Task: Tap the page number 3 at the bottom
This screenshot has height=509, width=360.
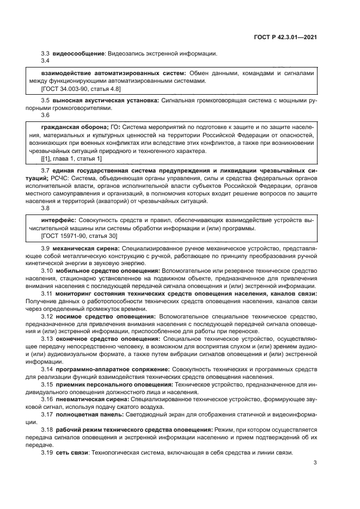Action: coord(315,463)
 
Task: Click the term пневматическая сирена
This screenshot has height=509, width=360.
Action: coord(90,399)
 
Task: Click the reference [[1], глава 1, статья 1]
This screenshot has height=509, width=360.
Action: coord(71,158)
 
